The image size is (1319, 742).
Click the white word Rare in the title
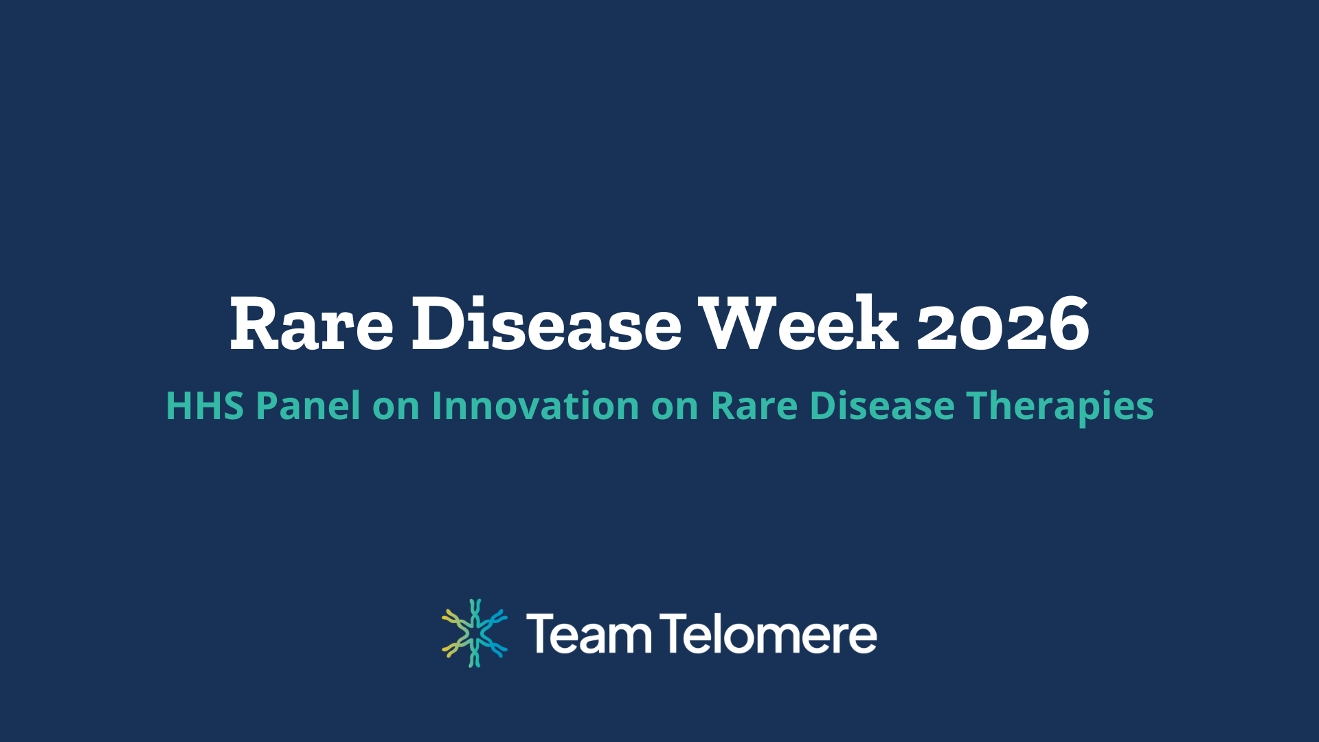pos(311,324)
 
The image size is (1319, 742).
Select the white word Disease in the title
pos(546,324)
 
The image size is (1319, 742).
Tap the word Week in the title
pos(798,323)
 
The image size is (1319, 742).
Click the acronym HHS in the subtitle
pos(205,405)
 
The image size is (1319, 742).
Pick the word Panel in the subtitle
pos(308,405)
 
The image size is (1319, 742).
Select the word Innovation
pos(535,405)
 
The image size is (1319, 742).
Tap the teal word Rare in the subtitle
pos(754,405)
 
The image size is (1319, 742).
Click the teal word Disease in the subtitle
pos(881,405)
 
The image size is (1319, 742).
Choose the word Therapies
pos(1059,407)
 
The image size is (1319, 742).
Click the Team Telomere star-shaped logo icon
pos(474,633)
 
